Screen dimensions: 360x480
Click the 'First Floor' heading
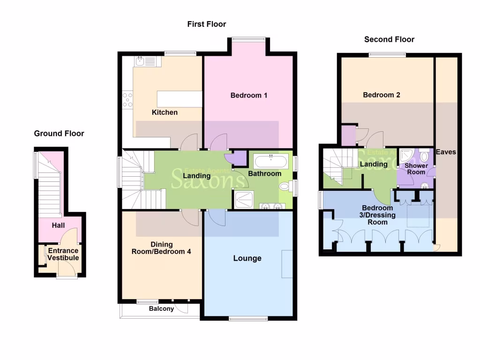(x=207, y=24)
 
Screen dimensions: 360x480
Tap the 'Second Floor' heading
(x=389, y=39)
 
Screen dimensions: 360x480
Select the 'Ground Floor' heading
(x=59, y=134)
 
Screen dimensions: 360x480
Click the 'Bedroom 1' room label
(x=249, y=96)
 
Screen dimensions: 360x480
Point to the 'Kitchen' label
(x=165, y=112)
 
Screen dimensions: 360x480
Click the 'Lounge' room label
(x=247, y=258)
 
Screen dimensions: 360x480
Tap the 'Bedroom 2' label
(x=382, y=95)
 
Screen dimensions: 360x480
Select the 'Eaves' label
(x=445, y=152)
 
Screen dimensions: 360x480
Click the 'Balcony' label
(x=161, y=309)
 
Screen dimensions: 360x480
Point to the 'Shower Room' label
(x=416, y=169)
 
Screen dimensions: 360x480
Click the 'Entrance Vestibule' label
(x=63, y=254)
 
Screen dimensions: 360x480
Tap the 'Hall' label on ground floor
(x=58, y=225)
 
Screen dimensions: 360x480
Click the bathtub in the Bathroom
(x=271, y=162)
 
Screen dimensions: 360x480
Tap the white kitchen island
(x=179, y=99)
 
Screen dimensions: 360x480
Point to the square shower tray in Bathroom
(x=245, y=200)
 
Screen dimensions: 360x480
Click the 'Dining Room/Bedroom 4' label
(x=161, y=248)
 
